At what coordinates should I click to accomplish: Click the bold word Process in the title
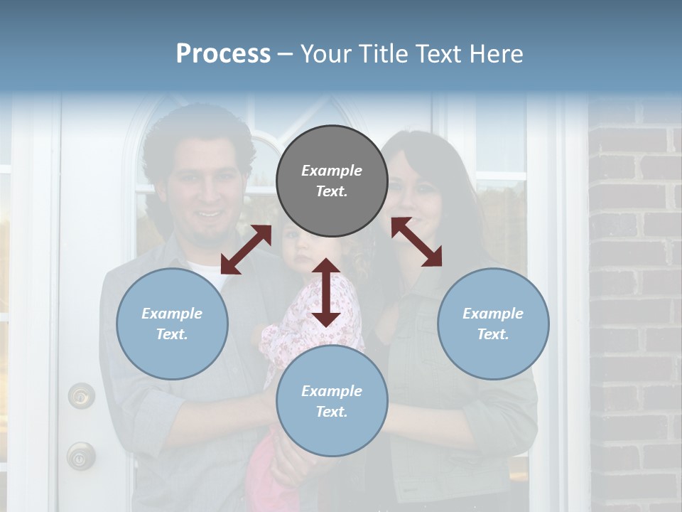(x=223, y=54)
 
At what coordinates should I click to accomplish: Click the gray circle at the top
(x=332, y=181)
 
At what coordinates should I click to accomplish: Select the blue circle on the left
(x=172, y=324)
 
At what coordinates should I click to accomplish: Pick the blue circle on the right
(x=493, y=324)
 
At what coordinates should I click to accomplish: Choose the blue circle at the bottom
(x=332, y=401)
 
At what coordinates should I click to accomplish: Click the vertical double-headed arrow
(x=325, y=292)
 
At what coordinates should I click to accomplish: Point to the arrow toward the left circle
(x=246, y=250)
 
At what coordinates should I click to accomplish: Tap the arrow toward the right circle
(x=416, y=242)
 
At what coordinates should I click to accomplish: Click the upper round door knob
(x=81, y=395)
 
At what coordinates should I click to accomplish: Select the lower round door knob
(x=80, y=455)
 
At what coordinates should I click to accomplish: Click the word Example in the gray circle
(x=332, y=171)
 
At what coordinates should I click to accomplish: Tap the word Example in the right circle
(x=493, y=314)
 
